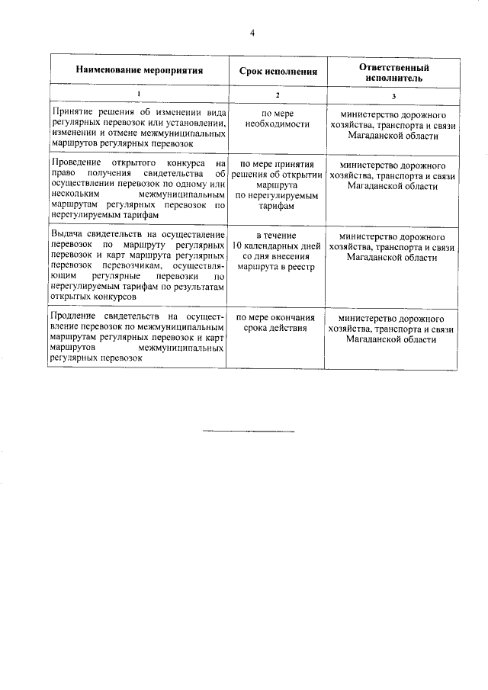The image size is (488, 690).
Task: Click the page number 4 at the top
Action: [252, 32]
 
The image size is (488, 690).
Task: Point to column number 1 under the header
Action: [139, 95]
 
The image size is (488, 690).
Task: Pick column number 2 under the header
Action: [278, 95]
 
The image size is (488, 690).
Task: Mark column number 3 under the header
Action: [393, 95]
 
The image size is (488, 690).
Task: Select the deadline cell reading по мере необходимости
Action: [278, 118]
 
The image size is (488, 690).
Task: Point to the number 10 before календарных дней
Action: [238, 247]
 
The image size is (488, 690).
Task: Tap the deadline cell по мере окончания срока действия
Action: [278, 323]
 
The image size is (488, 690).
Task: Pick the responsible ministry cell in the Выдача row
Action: [392, 247]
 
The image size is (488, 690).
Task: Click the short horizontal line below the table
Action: [249, 431]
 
